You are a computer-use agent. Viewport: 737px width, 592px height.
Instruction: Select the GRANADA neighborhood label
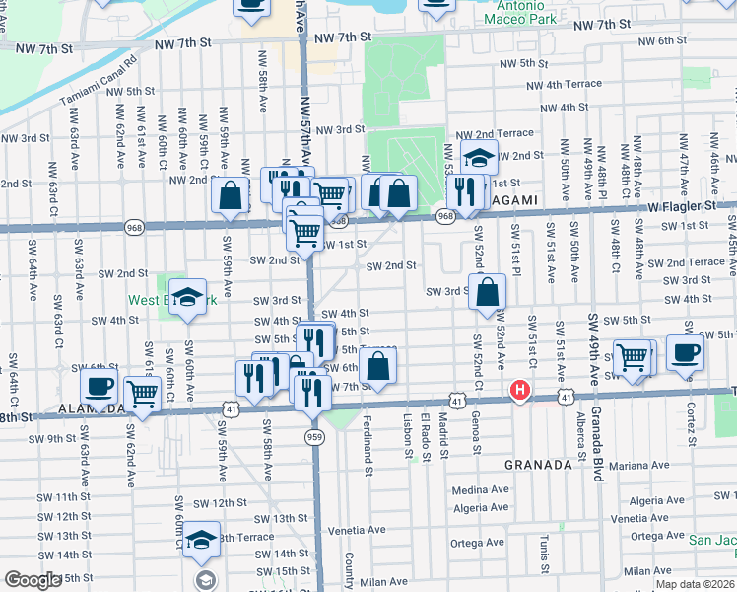click(x=539, y=464)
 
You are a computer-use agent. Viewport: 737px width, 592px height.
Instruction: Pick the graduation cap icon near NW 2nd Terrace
click(x=479, y=157)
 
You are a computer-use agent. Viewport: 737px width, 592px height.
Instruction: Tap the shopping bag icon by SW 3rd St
click(x=488, y=292)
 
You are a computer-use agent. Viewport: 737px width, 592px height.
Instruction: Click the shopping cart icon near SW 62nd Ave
click(x=143, y=395)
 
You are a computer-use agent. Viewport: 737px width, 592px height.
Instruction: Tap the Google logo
click(x=33, y=580)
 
